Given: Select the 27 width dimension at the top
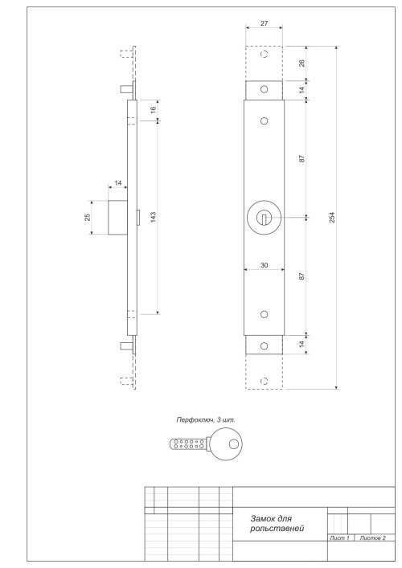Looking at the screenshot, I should coord(265,24).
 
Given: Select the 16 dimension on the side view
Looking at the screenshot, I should coord(154,110).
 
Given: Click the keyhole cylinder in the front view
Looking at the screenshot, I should coord(265,217).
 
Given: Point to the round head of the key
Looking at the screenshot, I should coord(228,443).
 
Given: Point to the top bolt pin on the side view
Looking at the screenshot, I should coord(124,88).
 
